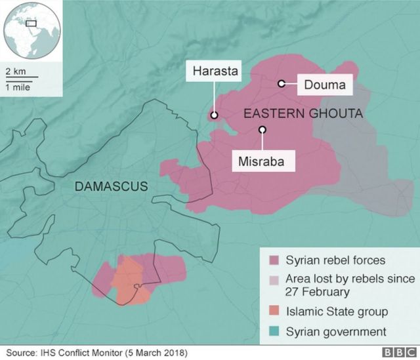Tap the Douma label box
pos(325,84)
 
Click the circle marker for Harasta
pos(214,115)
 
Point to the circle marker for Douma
pos(281,83)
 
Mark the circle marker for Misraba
pos(262,130)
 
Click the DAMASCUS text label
pos(111,187)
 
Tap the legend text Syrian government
pos(335,331)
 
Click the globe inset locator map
pos(31,31)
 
